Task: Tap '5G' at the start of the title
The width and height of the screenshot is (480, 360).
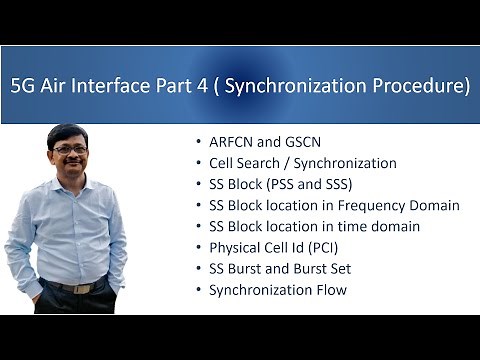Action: (x=24, y=86)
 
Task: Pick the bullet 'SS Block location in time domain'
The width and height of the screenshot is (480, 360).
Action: (x=314, y=226)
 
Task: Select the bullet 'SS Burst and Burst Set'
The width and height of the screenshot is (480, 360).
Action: (x=279, y=268)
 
